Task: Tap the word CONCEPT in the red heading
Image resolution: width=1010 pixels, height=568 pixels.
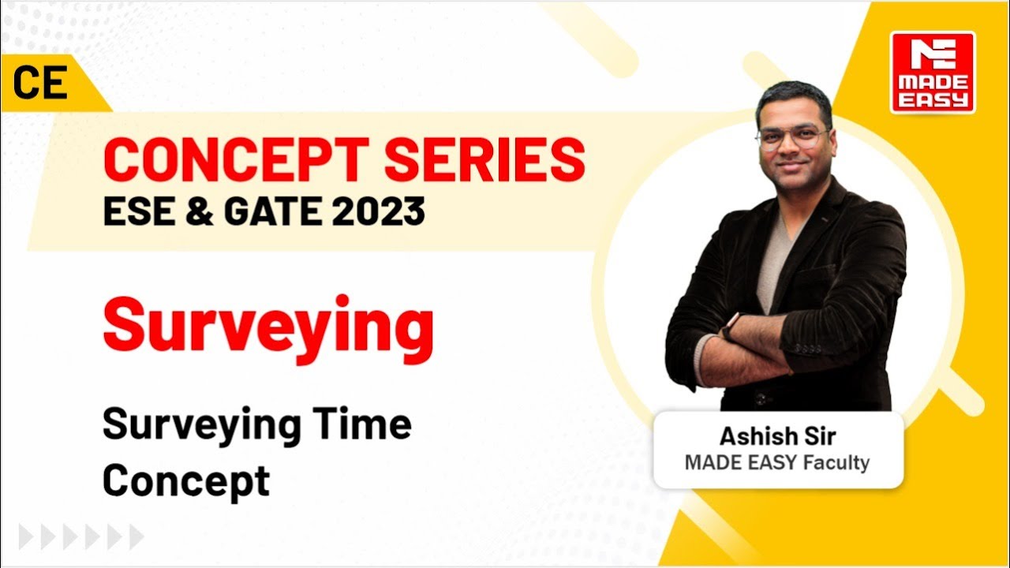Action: click(x=238, y=160)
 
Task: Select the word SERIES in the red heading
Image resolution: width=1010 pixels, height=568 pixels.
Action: click(x=485, y=160)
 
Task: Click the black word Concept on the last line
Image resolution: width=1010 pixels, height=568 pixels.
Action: click(x=186, y=480)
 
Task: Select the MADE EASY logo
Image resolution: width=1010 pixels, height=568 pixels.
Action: click(x=933, y=73)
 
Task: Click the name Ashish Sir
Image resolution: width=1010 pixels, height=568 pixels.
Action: click(x=777, y=436)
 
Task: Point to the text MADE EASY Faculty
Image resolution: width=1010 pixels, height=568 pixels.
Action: click(x=777, y=462)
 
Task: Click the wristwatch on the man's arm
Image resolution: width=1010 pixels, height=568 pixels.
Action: click(x=730, y=323)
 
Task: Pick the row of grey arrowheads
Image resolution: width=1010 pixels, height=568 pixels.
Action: click(x=81, y=537)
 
